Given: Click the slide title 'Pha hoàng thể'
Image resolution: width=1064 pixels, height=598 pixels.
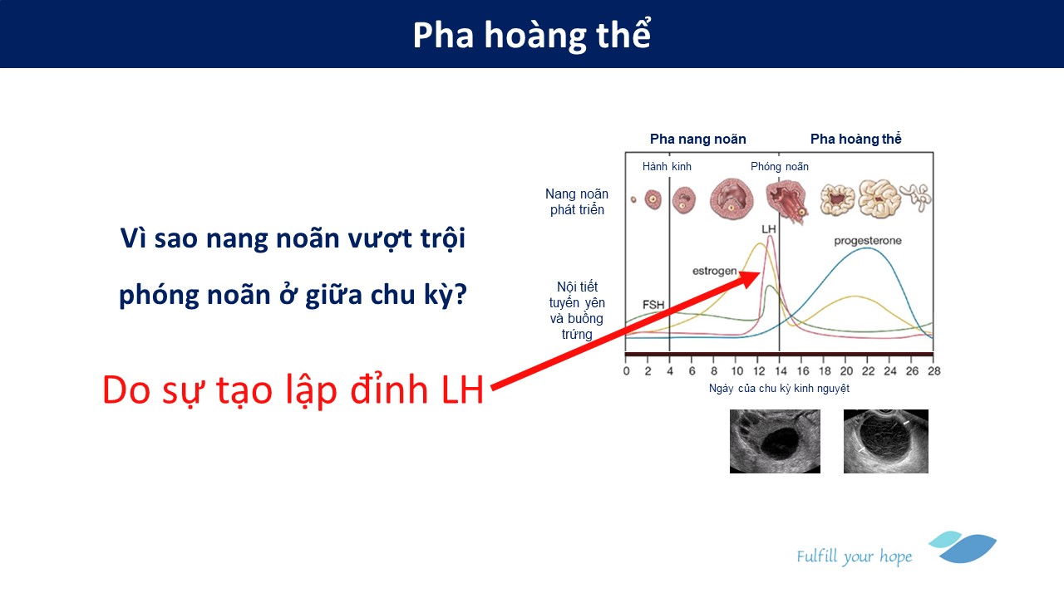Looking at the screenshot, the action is coord(531,35).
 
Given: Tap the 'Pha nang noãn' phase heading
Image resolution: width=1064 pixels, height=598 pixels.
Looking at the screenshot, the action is coord(697,139).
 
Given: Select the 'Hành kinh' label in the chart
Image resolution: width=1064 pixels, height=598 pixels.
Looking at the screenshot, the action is coord(667,167).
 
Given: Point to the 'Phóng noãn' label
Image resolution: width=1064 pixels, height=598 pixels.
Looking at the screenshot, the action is coord(780,167).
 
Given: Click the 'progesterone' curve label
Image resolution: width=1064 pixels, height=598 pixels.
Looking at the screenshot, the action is coord(868,241).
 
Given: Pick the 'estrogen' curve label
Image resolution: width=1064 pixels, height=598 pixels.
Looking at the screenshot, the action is coord(714,271).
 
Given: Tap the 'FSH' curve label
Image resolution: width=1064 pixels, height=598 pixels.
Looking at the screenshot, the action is coord(653,305).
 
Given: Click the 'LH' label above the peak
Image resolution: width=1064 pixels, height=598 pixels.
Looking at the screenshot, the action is coord(769,229).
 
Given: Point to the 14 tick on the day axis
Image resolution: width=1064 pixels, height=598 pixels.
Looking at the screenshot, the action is coord(781,371).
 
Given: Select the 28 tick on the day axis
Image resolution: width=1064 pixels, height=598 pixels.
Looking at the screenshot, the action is coord(933,371).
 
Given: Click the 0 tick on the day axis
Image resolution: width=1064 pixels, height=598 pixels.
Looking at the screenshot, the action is coord(627,371).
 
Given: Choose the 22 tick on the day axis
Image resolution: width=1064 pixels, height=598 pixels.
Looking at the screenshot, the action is coord(868,371).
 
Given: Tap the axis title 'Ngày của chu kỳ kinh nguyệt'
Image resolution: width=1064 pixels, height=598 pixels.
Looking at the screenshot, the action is coord(779,389).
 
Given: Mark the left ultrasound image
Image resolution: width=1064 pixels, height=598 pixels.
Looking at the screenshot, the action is coord(775,441).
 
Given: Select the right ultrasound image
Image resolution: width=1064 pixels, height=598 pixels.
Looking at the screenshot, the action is coord(886,441).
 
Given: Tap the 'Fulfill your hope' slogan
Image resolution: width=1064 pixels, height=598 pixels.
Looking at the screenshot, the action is coord(855,556).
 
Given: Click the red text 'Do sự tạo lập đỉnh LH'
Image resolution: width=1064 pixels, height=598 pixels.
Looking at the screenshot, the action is coord(293,390).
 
